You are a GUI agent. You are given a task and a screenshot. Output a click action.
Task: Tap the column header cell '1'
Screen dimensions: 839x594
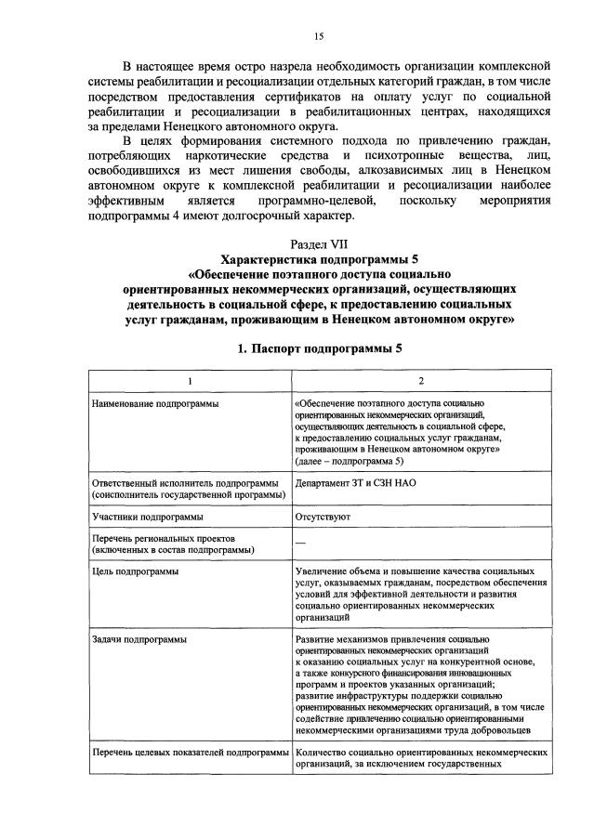tap(188, 381)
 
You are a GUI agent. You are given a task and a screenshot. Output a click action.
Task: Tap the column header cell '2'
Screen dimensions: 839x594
tap(419, 381)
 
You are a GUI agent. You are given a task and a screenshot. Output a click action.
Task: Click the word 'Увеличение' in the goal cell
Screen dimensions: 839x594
tap(321, 571)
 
